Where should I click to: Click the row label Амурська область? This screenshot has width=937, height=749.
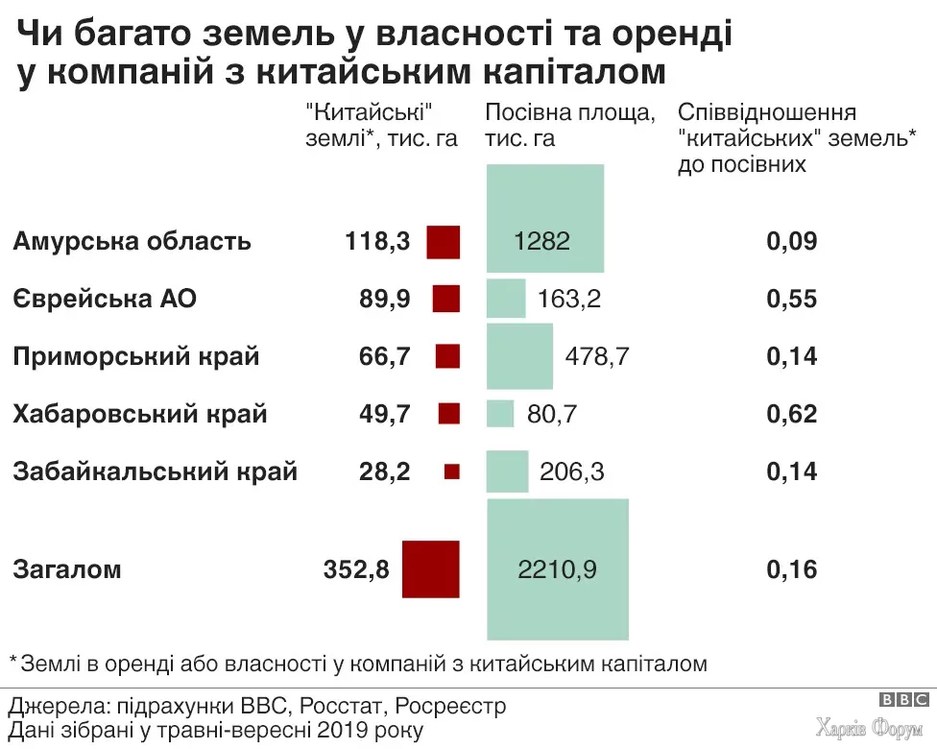tap(132, 241)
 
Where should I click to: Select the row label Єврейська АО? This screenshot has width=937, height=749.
tap(105, 299)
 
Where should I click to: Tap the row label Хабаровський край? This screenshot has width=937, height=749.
tap(140, 415)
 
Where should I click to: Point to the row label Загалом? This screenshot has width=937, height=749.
tap(67, 569)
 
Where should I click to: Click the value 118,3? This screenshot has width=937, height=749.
tap(377, 241)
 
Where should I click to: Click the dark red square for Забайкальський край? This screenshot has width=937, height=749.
tap(452, 471)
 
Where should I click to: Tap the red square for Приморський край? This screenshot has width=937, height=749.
tap(447, 356)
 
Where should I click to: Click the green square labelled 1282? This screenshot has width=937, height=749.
tap(544, 218)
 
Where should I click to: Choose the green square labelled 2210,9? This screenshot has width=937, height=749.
tap(558, 568)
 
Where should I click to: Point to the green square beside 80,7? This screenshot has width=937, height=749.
tap(500, 414)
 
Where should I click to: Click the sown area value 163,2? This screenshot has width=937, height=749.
tap(570, 299)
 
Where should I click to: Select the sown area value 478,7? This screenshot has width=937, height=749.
tap(597, 356)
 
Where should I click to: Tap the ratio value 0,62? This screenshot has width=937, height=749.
tap(792, 415)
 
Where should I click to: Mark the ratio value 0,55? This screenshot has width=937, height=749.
tap(792, 299)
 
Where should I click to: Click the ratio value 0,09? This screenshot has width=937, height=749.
tap(792, 241)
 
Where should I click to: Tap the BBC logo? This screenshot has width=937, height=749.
tap(903, 700)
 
